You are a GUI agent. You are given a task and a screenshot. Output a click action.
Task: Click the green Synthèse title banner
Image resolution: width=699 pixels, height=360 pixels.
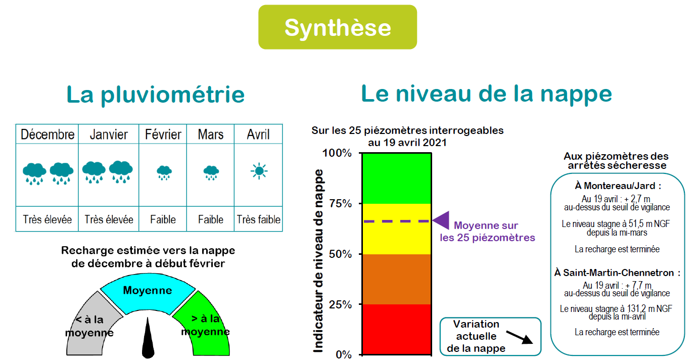(337, 27)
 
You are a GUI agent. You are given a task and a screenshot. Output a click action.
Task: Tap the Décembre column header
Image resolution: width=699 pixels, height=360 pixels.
(48, 134)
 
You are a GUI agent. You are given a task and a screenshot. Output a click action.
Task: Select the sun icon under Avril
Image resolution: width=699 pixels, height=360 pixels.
(259, 171)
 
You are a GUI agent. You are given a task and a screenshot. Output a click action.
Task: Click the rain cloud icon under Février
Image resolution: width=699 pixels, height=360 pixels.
(164, 172)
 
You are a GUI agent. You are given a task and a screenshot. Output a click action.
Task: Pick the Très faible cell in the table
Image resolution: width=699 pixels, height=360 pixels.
(259, 219)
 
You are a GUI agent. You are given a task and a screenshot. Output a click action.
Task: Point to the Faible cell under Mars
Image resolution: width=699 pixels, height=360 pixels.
(211, 219)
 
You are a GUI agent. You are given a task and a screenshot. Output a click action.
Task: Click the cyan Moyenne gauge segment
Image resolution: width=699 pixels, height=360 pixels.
(148, 293)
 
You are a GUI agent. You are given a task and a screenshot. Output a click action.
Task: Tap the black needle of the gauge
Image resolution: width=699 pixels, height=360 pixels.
(148, 338)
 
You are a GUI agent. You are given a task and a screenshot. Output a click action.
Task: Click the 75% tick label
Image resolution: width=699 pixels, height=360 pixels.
(341, 204)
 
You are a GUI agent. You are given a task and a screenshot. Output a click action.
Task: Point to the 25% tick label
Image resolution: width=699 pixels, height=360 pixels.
(341, 304)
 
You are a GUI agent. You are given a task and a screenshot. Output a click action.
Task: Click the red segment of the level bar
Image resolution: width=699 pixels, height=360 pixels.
(397, 329)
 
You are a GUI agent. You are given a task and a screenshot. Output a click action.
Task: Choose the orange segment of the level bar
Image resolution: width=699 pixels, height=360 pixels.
(397, 279)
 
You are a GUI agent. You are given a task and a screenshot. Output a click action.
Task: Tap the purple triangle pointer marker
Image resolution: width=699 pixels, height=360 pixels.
(441, 220)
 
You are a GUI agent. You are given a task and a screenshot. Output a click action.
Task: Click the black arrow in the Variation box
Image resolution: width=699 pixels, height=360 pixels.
(519, 337)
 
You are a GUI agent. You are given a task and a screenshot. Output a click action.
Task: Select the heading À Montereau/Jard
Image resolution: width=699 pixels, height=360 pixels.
(618, 186)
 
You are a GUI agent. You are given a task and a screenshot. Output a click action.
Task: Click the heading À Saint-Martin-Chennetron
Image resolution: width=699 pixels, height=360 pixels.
(617, 273)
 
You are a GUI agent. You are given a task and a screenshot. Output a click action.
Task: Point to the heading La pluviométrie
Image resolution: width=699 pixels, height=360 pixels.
(155, 94)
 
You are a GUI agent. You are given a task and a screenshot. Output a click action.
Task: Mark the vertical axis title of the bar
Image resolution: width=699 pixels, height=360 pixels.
(318, 261)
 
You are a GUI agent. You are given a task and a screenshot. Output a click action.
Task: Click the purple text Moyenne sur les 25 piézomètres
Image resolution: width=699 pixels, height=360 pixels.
(487, 232)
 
